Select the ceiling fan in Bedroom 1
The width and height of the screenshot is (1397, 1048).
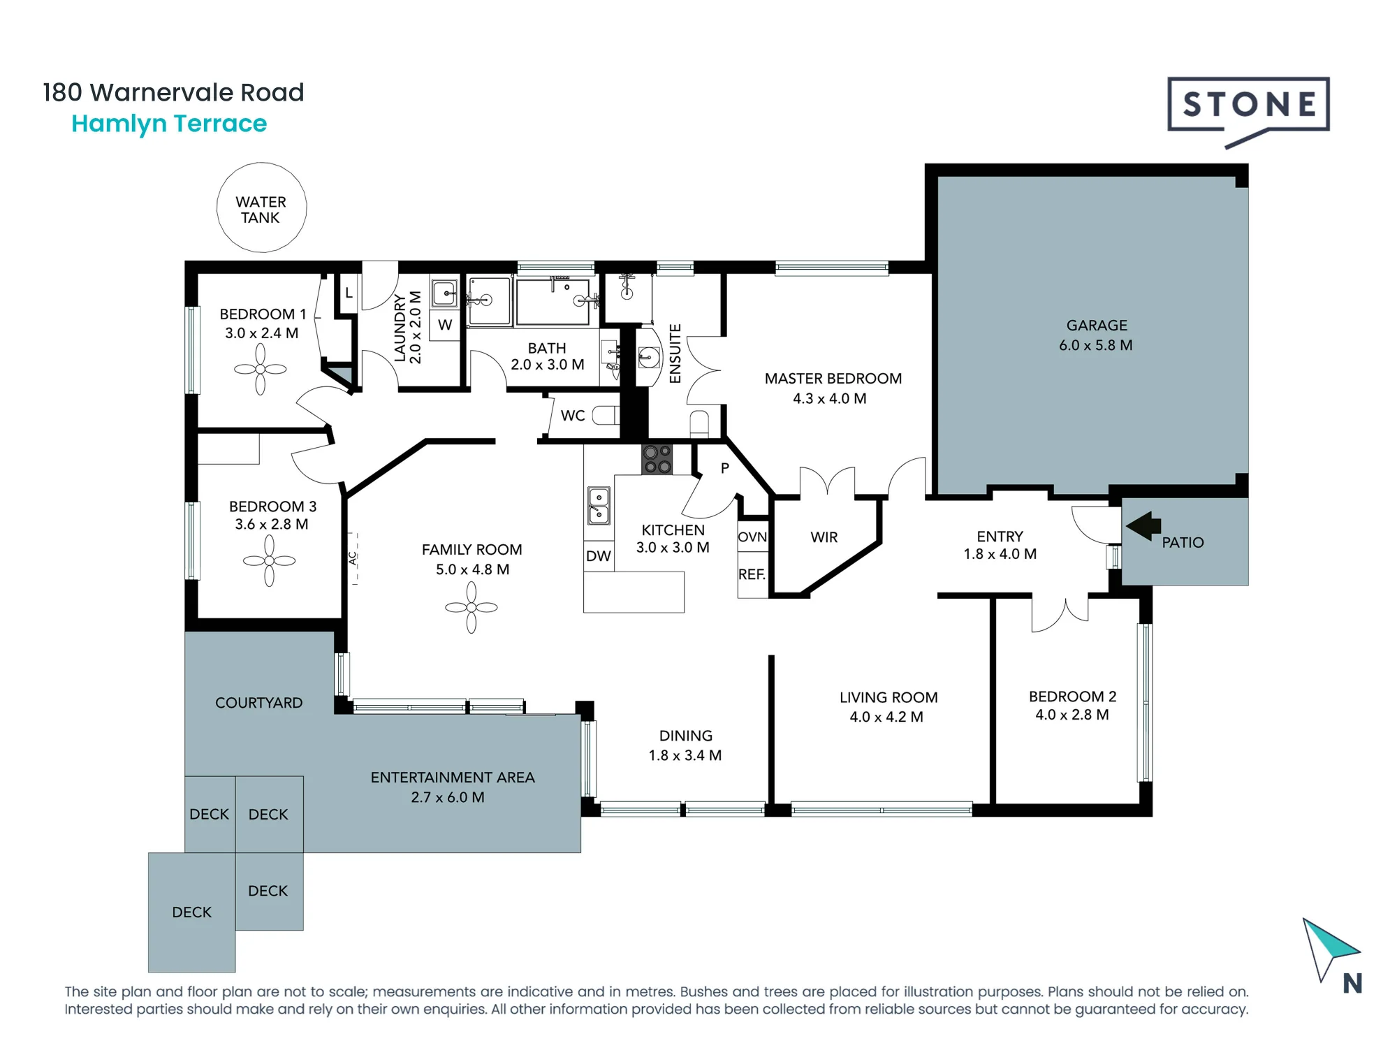(x=261, y=370)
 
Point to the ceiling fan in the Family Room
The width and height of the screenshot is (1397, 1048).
(x=471, y=608)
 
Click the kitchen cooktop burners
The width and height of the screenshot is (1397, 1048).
(x=657, y=459)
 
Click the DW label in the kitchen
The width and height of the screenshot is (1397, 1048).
(x=599, y=556)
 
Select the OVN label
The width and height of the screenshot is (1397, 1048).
(x=752, y=537)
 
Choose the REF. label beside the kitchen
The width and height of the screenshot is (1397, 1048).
(x=752, y=574)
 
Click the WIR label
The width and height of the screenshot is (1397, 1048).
(x=824, y=537)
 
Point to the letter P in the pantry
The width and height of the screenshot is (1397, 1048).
(x=725, y=468)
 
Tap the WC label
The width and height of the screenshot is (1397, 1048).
(x=573, y=416)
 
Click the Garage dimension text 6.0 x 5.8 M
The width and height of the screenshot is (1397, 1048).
(x=1096, y=345)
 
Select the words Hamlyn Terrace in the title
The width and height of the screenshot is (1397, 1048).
(x=169, y=124)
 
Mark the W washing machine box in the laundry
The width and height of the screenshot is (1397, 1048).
(x=445, y=324)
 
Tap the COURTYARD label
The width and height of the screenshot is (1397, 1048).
(x=259, y=703)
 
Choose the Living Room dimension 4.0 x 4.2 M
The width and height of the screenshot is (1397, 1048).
(x=886, y=717)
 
